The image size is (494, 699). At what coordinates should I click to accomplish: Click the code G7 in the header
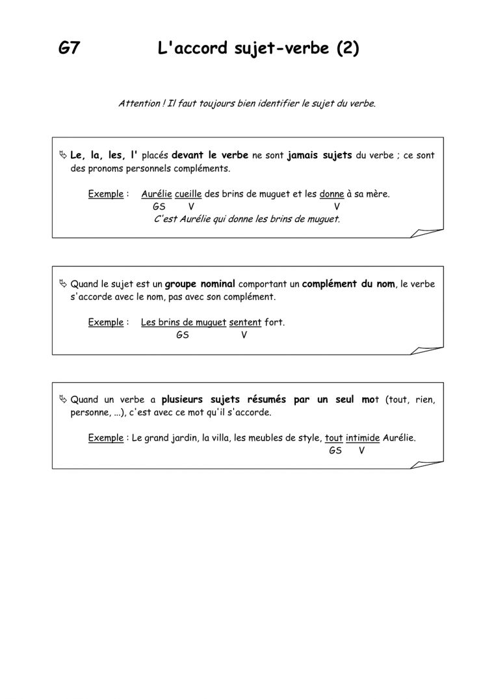(x=69, y=49)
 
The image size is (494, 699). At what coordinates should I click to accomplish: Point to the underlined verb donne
(x=331, y=194)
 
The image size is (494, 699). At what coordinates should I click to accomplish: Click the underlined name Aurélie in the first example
(x=156, y=194)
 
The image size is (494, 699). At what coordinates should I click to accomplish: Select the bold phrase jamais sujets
(x=319, y=156)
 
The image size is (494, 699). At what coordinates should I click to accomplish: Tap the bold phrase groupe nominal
(x=200, y=284)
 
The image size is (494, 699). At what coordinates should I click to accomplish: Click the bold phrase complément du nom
(x=348, y=284)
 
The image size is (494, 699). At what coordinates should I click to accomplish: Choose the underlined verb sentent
(x=245, y=323)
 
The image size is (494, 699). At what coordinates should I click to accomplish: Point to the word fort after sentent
(x=274, y=323)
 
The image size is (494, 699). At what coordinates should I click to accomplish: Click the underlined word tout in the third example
(x=333, y=438)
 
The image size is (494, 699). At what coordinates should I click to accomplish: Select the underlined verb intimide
(x=363, y=438)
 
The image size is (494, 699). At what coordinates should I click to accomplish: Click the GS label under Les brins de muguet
(x=183, y=336)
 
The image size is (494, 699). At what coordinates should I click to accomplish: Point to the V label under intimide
(x=361, y=450)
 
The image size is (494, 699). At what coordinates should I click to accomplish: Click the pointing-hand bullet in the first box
(x=62, y=156)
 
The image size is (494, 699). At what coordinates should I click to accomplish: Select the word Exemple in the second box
(x=105, y=323)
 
